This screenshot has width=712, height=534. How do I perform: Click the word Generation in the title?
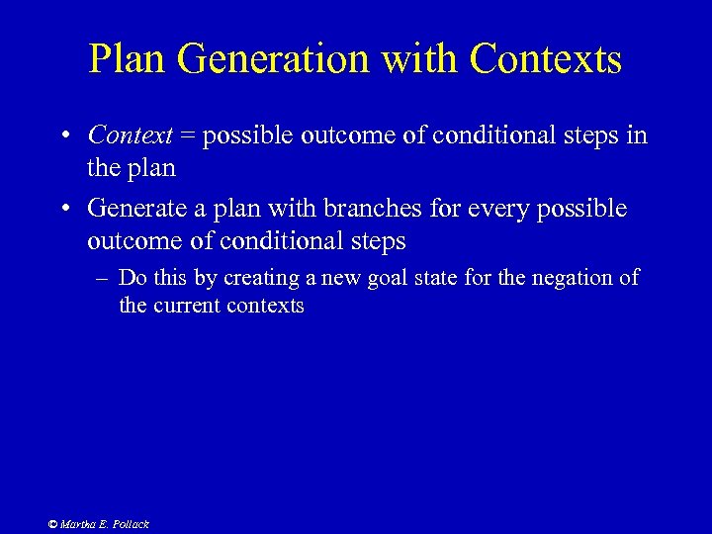tap(259, 59)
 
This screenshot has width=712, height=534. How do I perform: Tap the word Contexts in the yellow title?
tap(546, 59)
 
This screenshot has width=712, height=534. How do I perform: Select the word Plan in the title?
tap(126, 59)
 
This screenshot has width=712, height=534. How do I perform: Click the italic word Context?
tap(131, 135)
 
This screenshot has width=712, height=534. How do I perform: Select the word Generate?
tap(133, 210)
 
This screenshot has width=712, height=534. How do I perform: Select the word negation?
tap(574, 278)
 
